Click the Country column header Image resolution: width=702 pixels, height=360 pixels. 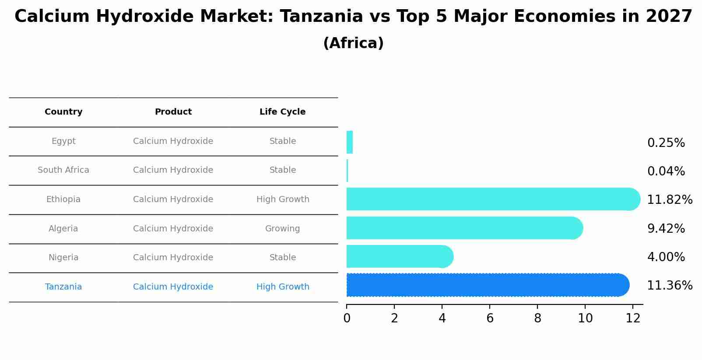point(63,112)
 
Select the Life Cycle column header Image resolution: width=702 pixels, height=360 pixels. point(282,112)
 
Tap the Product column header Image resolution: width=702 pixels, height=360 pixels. point(173,112)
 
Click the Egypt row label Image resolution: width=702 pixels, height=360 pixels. point(63,141)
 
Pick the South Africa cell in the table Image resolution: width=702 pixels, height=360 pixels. point(63,170)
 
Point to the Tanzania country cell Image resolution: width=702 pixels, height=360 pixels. point(63,287)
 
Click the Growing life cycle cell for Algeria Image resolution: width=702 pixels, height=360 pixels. point(282,229)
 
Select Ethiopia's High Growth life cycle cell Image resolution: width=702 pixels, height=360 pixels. point(283,199)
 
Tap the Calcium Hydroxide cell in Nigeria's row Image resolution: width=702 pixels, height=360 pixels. point(173,258)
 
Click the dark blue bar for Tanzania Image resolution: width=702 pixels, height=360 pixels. point(486,285)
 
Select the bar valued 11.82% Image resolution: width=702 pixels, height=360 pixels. point(490,199)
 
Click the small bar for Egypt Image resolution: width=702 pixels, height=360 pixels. point(349,142)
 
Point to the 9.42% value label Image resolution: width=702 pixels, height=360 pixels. point(666,228)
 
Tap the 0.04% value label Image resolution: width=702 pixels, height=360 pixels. point(666,171)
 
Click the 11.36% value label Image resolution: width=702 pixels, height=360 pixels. point(669,286)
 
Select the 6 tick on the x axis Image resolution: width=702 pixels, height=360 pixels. point(490,318)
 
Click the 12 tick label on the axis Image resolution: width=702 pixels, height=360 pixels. point(633,318)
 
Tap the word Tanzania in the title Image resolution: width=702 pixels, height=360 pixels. point(321,17)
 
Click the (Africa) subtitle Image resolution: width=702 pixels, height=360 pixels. point(353,43)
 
